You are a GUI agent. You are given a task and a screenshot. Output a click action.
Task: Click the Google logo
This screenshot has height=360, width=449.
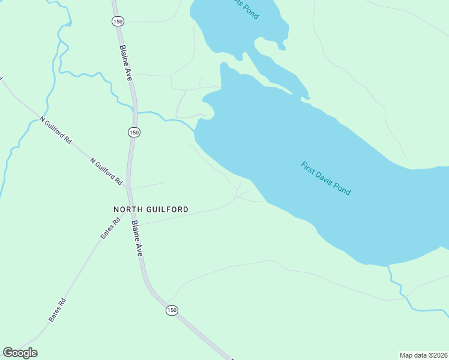[x=20, y=353]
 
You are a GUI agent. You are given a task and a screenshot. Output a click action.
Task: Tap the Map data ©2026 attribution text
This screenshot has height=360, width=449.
[x=423, y=355]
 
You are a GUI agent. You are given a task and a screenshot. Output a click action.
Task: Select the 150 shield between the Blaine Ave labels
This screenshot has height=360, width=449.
[x=133, y=132]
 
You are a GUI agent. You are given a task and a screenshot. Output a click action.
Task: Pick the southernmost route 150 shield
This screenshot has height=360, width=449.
[x=172, y=310]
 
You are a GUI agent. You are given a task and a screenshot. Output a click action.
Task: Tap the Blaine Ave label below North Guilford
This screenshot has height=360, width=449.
[x=137, y=239]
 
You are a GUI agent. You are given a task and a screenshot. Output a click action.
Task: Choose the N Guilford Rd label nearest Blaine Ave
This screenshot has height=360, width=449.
[x=106, y=171]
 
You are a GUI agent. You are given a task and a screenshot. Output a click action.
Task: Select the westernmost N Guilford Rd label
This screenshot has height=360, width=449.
[x=56, y=130]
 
